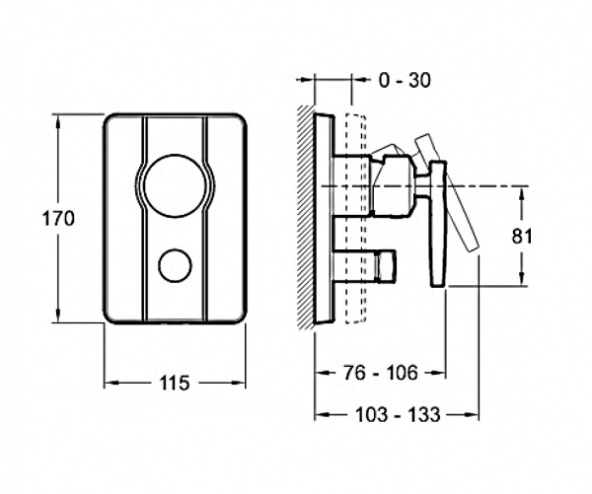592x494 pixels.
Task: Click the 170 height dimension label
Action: (x=58, y=219)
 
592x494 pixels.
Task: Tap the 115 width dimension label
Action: (x=175, y=384)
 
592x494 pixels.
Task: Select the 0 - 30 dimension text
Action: (x=405, y=80)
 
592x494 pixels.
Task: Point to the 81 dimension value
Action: (x=522, y=237)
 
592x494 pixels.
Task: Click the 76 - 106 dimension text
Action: (x=381, y=373)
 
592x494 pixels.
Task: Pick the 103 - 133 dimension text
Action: (x=398, y=415)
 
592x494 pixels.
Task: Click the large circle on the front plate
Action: (x=176, y=185)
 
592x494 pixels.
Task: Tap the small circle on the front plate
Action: (x=176, y=265)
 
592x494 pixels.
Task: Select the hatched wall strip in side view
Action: (x=306, y=217)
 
